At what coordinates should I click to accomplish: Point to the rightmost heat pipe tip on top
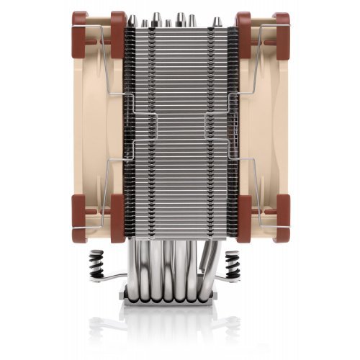point(210,19)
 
